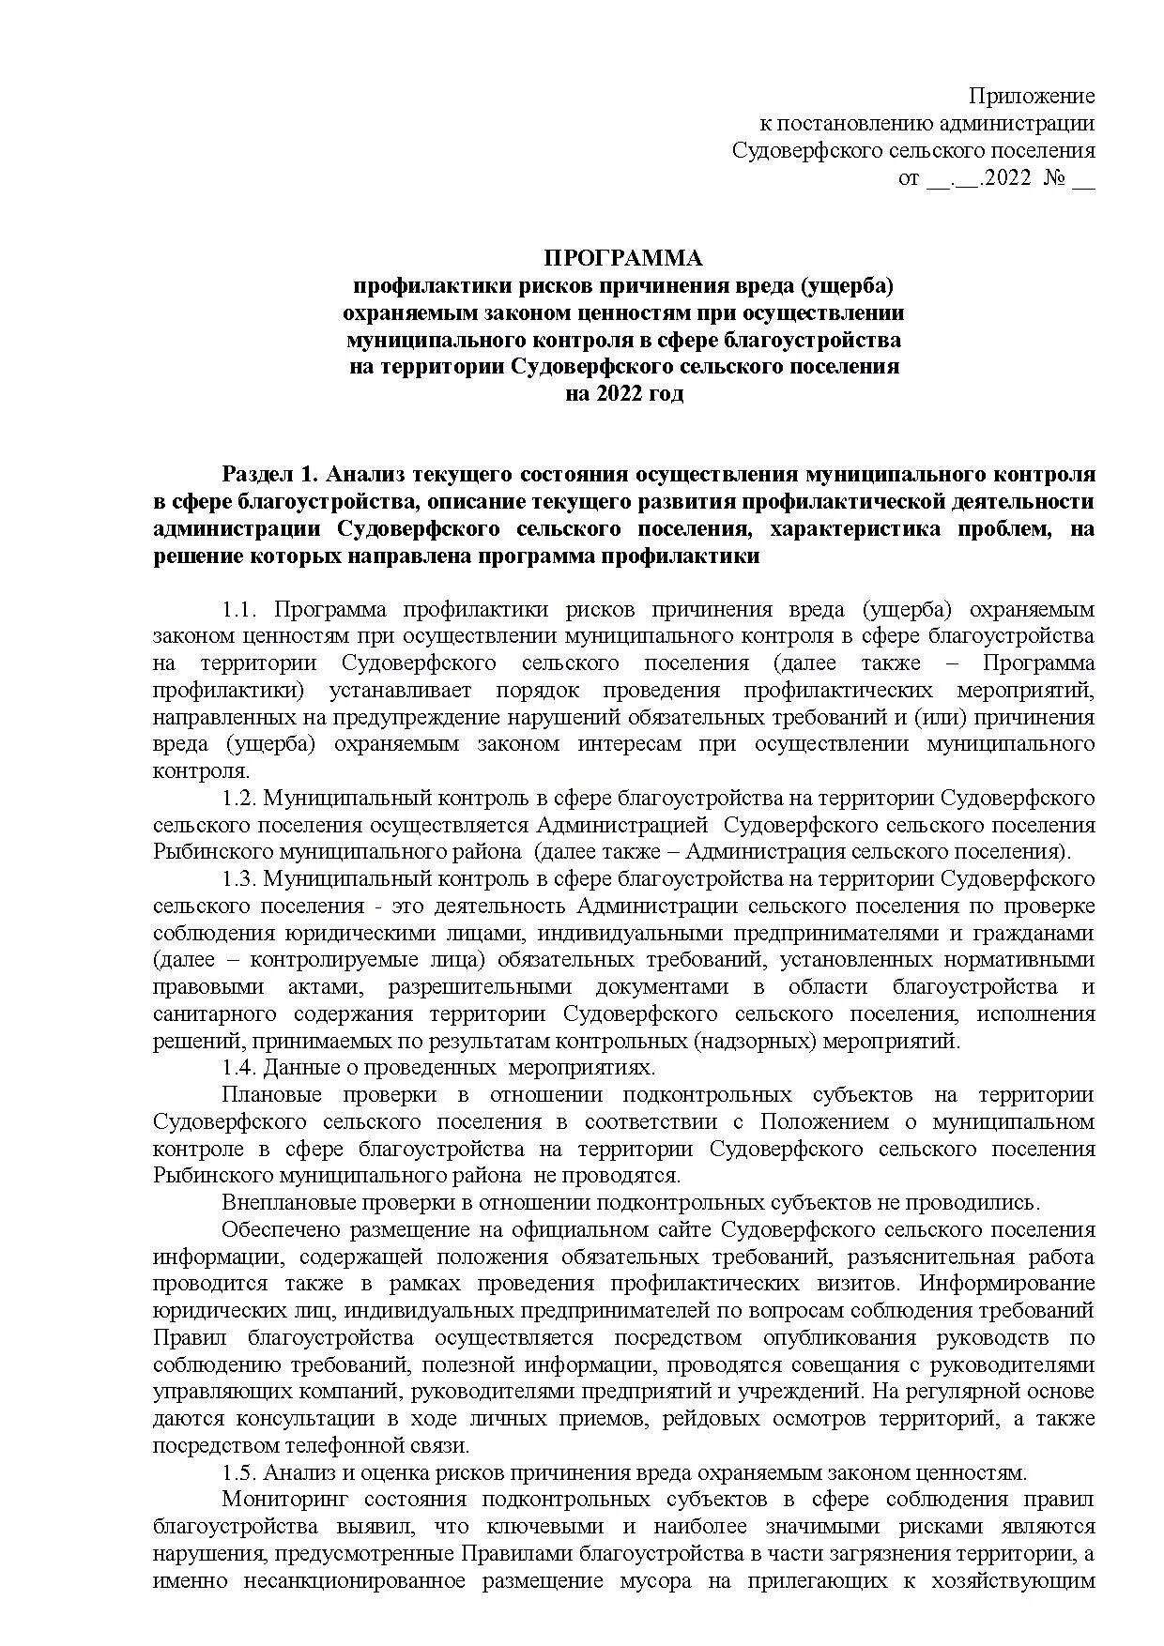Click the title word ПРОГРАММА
(x=624, y=258)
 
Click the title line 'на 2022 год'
(x=624, y=393)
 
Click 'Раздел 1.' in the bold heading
(x=260, y=475)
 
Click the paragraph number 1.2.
(x=239, y=799)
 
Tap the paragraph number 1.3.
(x=239, y=879)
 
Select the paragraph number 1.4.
(x=239, y=1068)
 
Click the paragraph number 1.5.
(x=239, y=1472)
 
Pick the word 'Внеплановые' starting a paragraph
(x=284, y=1203)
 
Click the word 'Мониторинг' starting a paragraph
(x=281, y=1500)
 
